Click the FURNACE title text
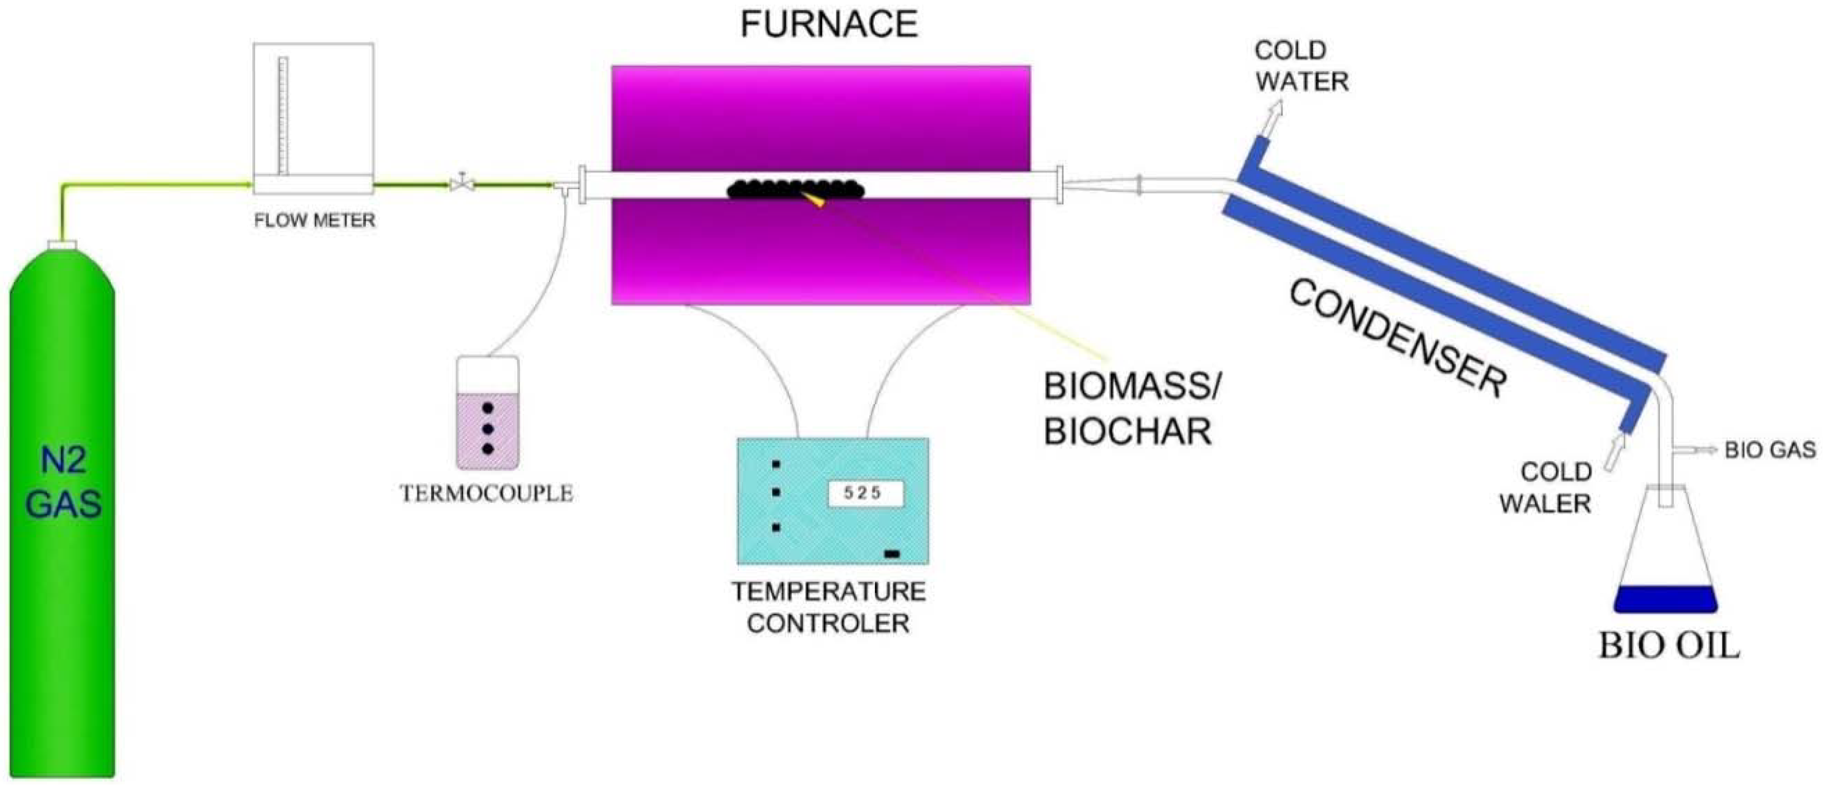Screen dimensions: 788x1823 tap(829, 25)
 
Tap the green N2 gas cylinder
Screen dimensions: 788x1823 tap(63, 510)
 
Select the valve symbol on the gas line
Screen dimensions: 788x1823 tap(462, 184)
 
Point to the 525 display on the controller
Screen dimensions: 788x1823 tap(865, 494)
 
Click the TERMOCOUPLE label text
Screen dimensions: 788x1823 tap(486, 494)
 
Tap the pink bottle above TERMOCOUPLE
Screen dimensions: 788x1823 tap(487, 414)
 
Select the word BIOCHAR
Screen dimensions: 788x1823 tap(1128, 431)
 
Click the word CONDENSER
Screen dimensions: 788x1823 tap(1397, 339)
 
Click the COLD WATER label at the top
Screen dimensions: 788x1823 tap(1301, 66)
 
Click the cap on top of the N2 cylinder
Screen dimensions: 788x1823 tap(62, 245)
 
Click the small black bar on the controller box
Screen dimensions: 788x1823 tap(892, 554)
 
